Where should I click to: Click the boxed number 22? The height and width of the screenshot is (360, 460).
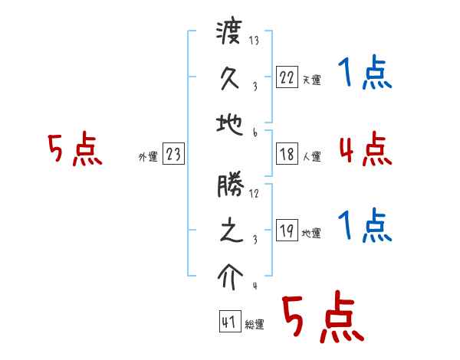[286, 77]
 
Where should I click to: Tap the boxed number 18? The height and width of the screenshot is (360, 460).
[286, 154]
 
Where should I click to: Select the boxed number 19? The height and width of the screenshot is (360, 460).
[286, 231]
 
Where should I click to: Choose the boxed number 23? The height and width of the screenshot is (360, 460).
[173, 154]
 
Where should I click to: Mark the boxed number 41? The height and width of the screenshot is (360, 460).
[228, 322]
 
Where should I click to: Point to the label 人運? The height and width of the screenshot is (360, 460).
[311, 157]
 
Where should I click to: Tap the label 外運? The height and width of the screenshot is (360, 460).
[148, 157]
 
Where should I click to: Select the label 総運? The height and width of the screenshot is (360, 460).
[255, 325]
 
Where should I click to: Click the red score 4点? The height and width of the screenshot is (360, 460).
[365, 148]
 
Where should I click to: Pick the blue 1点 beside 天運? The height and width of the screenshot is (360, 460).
[365, 74]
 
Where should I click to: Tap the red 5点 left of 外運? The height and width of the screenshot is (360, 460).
[74, 149]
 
